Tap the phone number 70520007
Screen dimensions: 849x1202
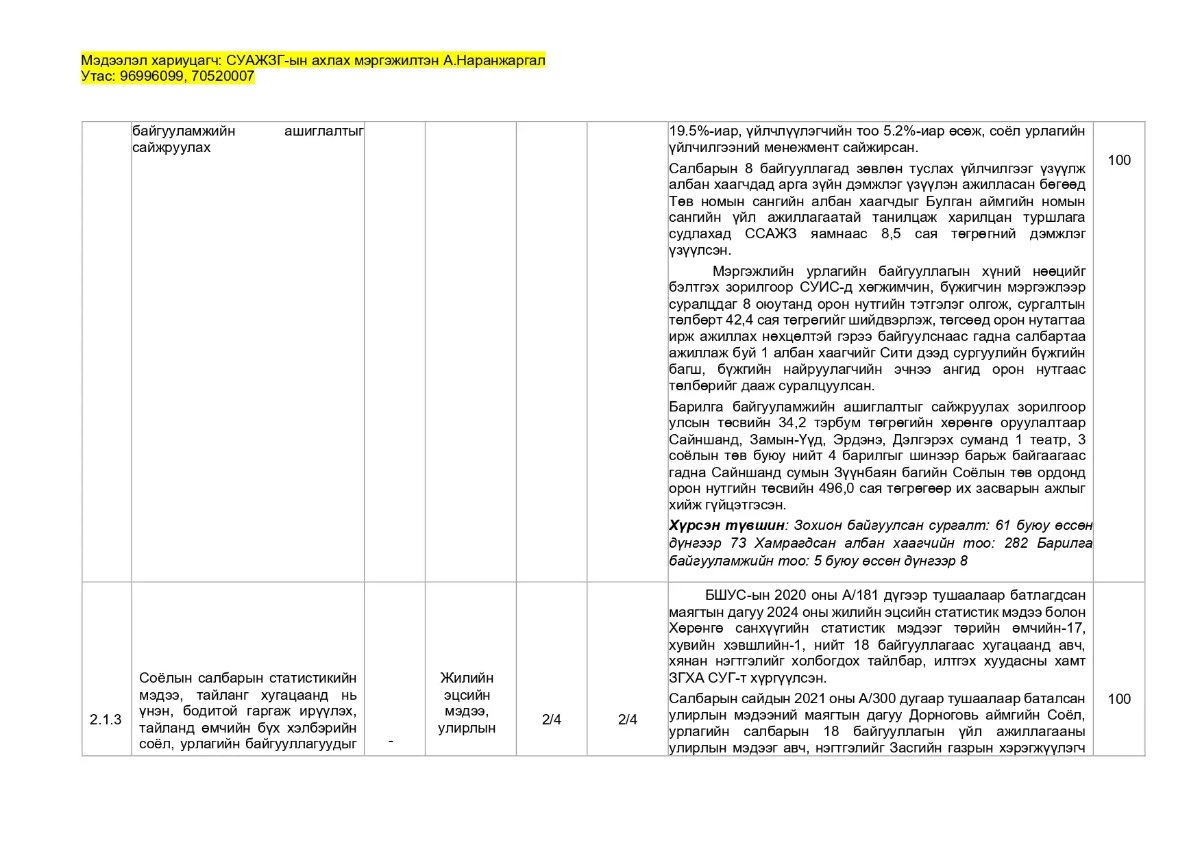tap(223, 77)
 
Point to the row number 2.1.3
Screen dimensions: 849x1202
tap(106, 720)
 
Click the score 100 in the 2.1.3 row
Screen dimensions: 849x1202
tap(1119, 699)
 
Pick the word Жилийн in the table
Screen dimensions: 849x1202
tap(467, 678)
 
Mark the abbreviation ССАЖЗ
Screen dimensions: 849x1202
tap(771, 234)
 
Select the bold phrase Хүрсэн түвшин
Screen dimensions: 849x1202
tap(726, 526)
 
